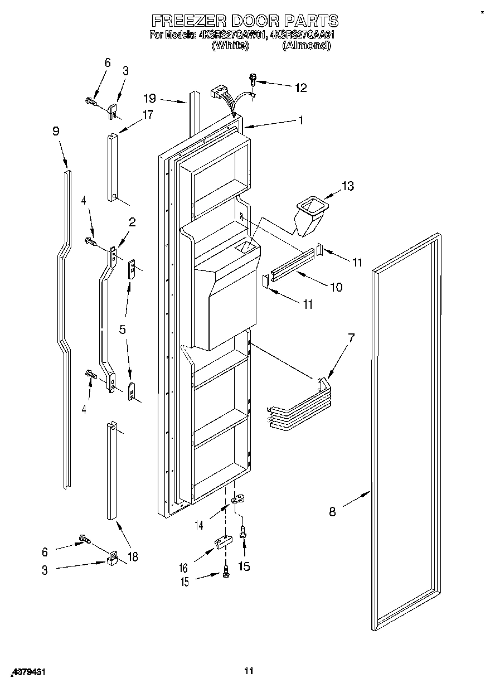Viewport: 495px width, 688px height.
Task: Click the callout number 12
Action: coord(300,88)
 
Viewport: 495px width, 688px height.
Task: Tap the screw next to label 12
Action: coord(253,81)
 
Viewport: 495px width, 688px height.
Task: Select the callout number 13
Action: coord(348,186)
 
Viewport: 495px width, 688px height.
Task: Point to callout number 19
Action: coord(149,99)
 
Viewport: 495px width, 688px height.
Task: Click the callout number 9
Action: coord(56,132)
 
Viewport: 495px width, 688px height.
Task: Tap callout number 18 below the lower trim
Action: coord(132,556)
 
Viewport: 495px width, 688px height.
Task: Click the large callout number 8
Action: coord(332,511)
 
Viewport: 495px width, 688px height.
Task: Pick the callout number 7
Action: coord(351,338)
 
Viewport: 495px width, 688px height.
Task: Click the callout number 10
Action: coord(336,287)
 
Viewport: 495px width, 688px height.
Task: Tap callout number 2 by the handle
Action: coord(132,222)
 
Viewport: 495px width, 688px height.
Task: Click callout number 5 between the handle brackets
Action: coord(122,329)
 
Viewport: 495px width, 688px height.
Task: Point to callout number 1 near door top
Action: coord(300,119)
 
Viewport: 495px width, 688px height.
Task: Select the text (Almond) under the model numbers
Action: coord(306,46)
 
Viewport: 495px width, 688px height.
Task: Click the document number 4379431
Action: coord(27,673)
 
